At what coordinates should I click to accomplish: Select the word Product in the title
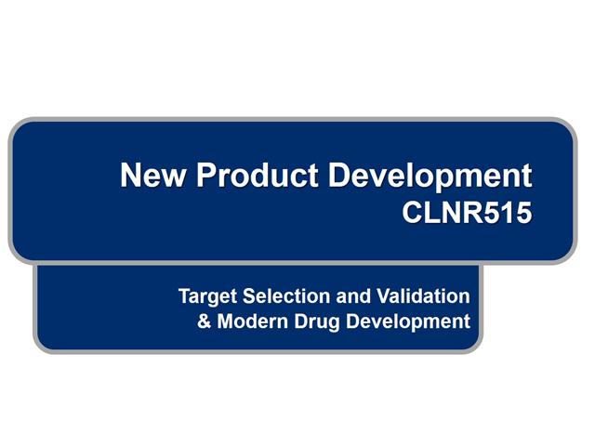coord(245,176)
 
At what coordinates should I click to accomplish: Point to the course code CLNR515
coord(468,214)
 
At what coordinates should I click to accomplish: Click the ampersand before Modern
coord(205,322)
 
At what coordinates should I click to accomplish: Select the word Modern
coord(248,322)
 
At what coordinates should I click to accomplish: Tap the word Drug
coord(311,323)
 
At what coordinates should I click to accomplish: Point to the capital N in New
coord(132,176)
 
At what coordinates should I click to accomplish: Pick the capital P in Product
coord(201,176)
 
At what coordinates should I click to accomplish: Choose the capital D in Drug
coord(294,322)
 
